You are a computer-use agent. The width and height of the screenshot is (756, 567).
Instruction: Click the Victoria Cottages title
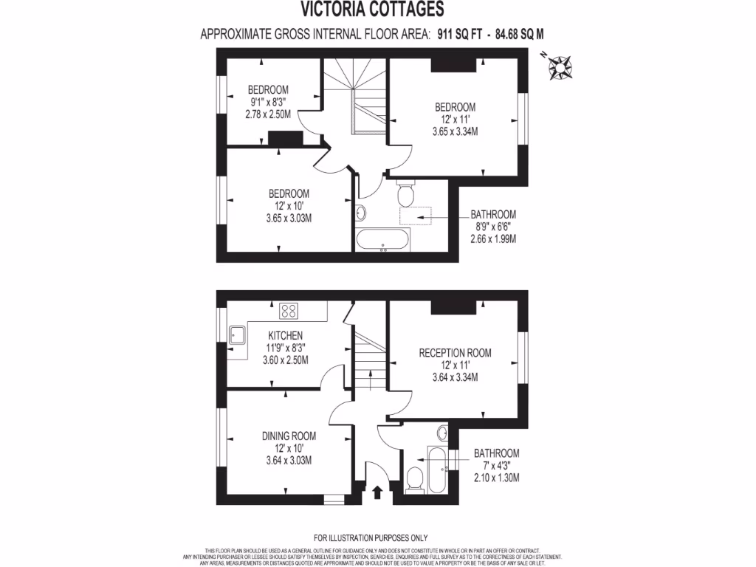coord(372,9)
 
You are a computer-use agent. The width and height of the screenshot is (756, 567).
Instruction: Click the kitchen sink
coord(238,335)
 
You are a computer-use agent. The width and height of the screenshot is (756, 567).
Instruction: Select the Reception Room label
coord(455,352)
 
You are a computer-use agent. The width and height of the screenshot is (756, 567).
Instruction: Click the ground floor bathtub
coord(436,470)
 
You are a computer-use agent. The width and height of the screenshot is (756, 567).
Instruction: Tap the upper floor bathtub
coord(382,241)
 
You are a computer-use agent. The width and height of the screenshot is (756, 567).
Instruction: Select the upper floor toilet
coord(405,194)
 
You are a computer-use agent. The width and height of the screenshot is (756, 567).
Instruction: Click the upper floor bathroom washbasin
coord(361,213)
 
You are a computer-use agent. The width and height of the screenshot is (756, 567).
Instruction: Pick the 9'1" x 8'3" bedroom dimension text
coord(267,102)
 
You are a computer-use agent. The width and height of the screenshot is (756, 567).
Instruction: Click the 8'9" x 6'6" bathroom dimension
coord(492,227)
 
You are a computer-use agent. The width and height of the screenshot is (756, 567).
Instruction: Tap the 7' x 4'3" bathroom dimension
coord(496,465)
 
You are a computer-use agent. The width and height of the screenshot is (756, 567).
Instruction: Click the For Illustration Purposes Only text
coord(371,538)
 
